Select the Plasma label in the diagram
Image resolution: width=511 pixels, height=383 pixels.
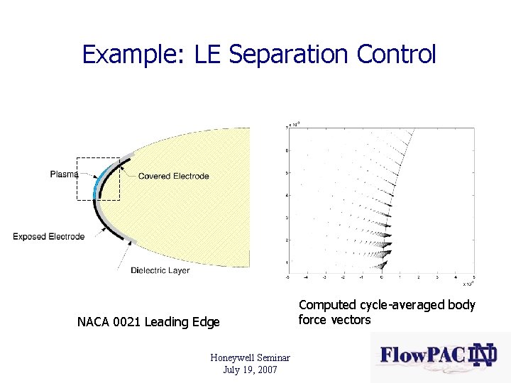tap(64, 174)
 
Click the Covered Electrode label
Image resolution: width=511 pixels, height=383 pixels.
tap(173, 176)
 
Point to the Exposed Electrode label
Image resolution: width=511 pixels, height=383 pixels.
tap(48, 236)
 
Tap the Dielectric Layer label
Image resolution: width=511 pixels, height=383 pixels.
tap(160, 270)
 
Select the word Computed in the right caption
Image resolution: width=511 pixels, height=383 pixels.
tap(327, 305)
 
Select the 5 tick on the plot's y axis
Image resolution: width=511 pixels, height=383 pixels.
tap(287, 173)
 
